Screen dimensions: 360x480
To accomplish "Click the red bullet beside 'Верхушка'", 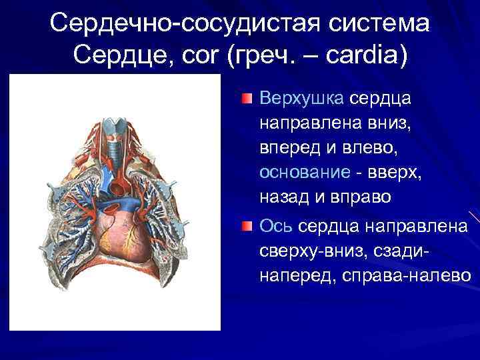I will click(247, 99).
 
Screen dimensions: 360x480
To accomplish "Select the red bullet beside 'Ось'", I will click(247, 227).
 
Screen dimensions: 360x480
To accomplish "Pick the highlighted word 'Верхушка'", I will click(301, 99).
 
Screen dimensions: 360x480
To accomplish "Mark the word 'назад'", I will click(282, 197).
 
